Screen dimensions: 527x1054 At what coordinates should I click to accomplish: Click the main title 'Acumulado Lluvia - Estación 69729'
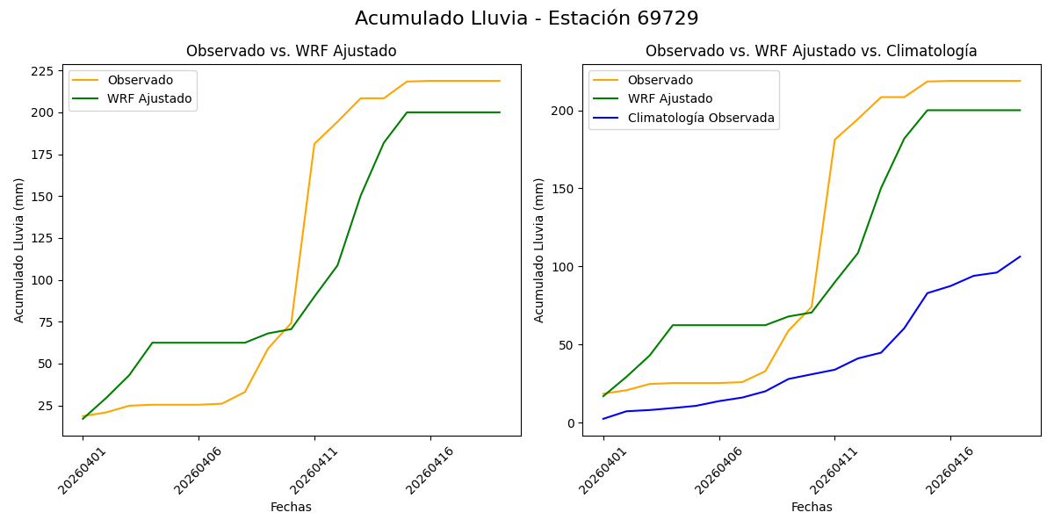[x=527, y=18]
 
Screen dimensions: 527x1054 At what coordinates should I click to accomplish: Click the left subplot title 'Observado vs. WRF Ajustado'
[x=291, y=51]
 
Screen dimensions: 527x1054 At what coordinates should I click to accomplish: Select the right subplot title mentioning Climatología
[x=811, y=51]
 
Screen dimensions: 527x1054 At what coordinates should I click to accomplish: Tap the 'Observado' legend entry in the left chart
[x=140, y=81]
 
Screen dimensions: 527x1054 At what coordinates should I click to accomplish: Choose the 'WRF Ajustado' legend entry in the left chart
[x=149, y=98]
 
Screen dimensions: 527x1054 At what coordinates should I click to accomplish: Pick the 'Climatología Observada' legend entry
[x=700, y=118]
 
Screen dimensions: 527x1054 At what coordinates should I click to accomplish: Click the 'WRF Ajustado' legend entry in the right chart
[x=669, y=99]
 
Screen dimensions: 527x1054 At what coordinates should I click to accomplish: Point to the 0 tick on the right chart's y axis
[x=570, y=423]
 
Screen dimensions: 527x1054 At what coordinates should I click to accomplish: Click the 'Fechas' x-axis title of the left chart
[x=291, y=507]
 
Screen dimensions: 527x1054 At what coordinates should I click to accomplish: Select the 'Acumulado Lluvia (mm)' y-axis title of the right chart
[x=539, y=249]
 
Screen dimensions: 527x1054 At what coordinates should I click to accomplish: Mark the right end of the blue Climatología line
[x=1020, y=256]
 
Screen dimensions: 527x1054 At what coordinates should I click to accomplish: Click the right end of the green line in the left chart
[x=500, y=112]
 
